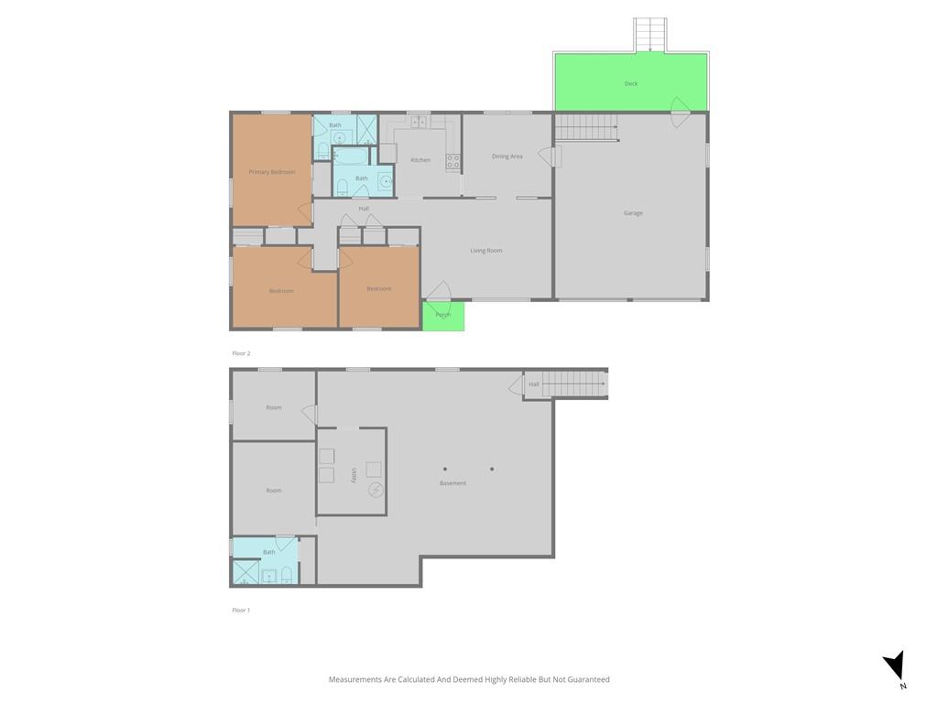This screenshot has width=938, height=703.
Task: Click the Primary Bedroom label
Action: (x=271, y=172)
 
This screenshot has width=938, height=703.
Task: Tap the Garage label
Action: (x=633, y=212)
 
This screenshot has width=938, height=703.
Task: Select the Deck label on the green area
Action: (x=631, y=83)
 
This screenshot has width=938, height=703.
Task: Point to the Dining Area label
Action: (x=507, y=157)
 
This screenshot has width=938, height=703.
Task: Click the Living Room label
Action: (x=485, y=251)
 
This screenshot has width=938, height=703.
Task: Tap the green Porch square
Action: (x=443, y=316)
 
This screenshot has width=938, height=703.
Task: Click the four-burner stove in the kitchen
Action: (x=453, y=161)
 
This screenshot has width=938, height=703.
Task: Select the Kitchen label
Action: (x=420, y=160)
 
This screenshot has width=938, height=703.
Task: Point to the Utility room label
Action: (x=354, y=476)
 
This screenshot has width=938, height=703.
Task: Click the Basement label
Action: (x=453, y=483)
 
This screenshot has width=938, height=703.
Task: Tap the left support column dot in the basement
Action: (x=445, y=470)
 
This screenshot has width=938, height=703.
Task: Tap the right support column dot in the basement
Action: (x=492, y=470)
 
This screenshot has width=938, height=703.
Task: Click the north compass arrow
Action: (x=894, y=666)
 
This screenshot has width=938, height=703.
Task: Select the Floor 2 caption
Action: (x=241, y=353)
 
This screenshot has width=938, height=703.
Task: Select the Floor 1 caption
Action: (x=241, y=611)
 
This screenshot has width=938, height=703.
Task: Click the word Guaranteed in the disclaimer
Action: (x=589, y=680)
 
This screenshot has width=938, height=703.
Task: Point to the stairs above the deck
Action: (x=650, y=35)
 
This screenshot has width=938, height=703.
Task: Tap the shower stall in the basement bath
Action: (x=245, y=571)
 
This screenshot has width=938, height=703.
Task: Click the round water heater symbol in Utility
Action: (x=376, y=491)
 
